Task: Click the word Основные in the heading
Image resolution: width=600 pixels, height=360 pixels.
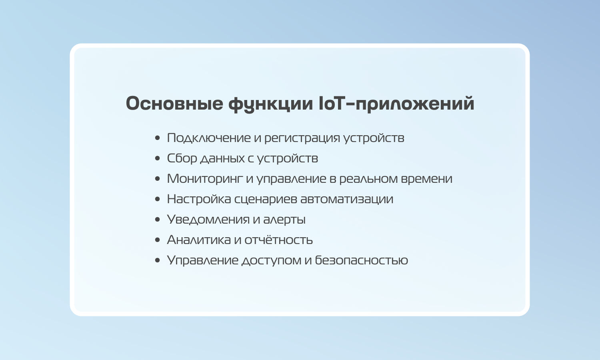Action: point(174,103)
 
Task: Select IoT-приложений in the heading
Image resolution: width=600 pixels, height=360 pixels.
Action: point(397,103)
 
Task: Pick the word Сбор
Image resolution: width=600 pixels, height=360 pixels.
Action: point(182,158)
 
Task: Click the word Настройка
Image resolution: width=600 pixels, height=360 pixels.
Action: point(199,199)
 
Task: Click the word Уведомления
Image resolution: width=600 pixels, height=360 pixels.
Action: point(208,220)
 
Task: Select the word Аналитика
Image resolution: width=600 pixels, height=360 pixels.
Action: point(199,240)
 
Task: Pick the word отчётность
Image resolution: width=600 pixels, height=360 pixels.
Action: point(278,240)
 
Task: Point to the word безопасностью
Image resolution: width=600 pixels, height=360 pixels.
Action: point(361,260)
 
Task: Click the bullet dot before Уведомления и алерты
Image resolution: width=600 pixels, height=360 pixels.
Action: point(158,219)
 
